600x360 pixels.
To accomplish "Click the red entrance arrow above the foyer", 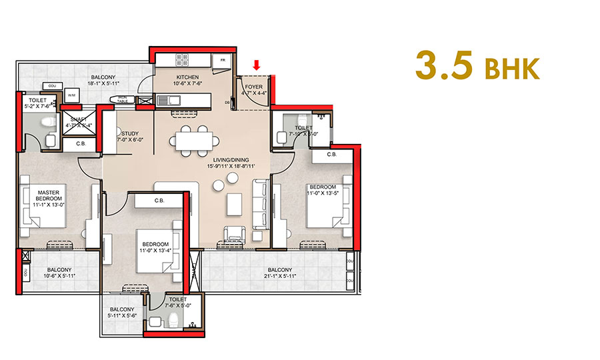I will point(256,65).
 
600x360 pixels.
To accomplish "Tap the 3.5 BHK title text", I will point(476,65).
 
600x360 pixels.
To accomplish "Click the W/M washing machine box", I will point(71,95).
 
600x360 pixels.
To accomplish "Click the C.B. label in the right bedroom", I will point(331,155).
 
